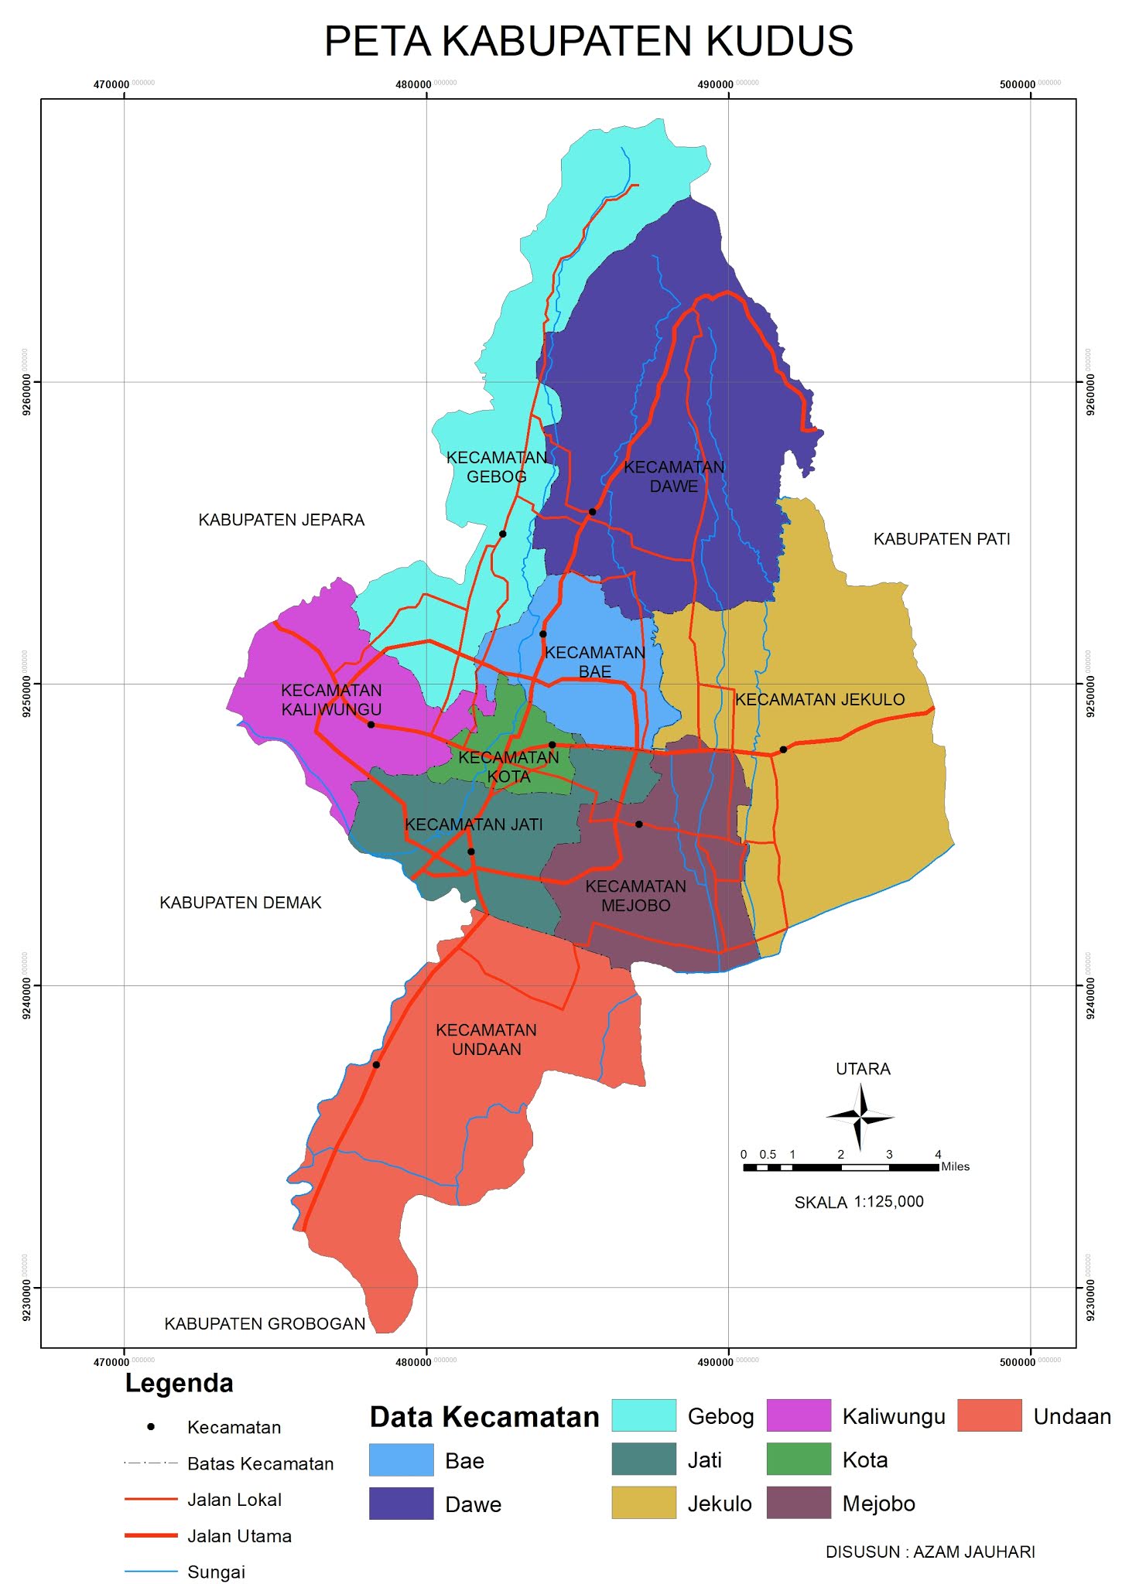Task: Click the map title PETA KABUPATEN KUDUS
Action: click(x=588, y=42)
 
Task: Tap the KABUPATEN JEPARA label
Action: click(x=281, y=520)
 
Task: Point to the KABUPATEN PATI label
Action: click(x=942, y=539)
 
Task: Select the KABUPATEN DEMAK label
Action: click(x=240, y=903)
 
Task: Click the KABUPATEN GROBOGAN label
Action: click(x=265, y=1323)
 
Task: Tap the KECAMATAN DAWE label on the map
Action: click(x=674, y=476)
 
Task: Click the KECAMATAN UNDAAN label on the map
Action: click(x=486, y=1039)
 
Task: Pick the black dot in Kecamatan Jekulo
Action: click(x=783, y=749)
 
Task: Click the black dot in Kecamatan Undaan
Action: click(x=376, y=1065)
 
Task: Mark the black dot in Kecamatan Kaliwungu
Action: click(x=371, y=725)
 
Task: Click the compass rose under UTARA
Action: click(x=860, y=1116)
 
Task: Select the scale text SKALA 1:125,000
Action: click(x=859, y=1202)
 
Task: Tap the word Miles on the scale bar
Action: click(x=955, y=1166)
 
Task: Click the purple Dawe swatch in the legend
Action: click(x=401, y=1504)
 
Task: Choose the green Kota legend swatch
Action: click(x=799, y=1459)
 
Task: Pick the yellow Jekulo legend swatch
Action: click(x=644, y=1503)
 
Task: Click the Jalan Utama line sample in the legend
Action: click(x=151, y=1536)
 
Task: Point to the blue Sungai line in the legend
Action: click(x=151, y=1572)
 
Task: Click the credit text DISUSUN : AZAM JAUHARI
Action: click(x=930, y=1552)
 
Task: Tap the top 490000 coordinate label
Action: click(x=716, y=84)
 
